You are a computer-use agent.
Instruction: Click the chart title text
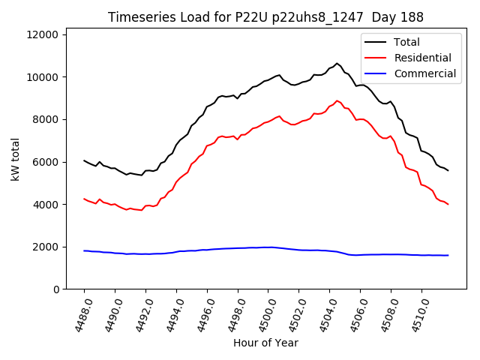tap(265, 17)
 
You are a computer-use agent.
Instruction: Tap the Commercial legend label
tap(424, 73)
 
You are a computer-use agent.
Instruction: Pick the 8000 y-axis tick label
tap(47, 119)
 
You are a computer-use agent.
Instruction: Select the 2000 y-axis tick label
tap(47, 247)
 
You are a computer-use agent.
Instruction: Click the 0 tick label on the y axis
tap(57, 289)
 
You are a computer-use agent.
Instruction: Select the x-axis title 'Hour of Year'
tap(265, 343)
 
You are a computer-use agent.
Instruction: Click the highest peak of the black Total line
tap(337, 63)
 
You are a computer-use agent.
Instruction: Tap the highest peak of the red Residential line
tap(337, 100)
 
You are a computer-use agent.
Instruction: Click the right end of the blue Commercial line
tap(448, 255)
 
